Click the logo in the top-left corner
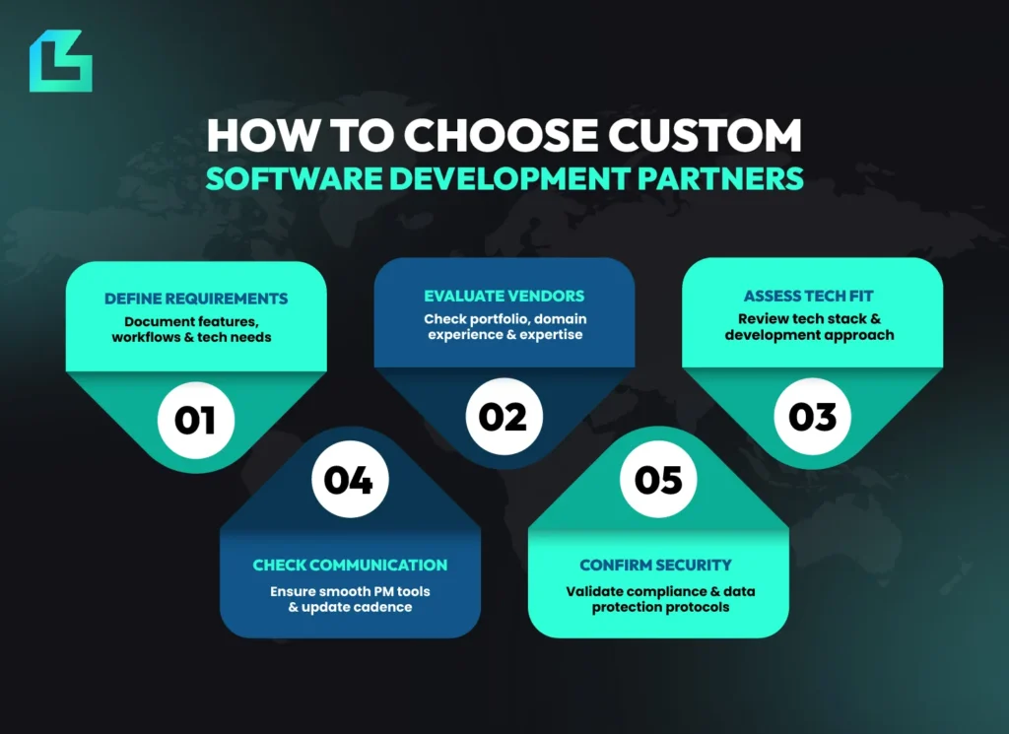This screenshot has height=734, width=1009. pos(60,61)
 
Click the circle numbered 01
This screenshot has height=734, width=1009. pos(195,419)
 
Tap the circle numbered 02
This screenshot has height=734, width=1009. pos(503,417)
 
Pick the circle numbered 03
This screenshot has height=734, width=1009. pos(812,417)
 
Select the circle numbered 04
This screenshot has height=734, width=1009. pos(349,480)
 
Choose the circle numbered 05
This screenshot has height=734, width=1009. pos(658,480)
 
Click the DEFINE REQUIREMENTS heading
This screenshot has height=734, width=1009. pos(196,299)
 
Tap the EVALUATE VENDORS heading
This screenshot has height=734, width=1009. pos(504,296)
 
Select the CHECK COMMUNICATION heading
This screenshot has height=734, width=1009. pos(350,566)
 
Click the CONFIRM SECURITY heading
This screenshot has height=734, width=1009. pos(655,566)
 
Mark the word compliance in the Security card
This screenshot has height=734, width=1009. pos(669,591)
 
